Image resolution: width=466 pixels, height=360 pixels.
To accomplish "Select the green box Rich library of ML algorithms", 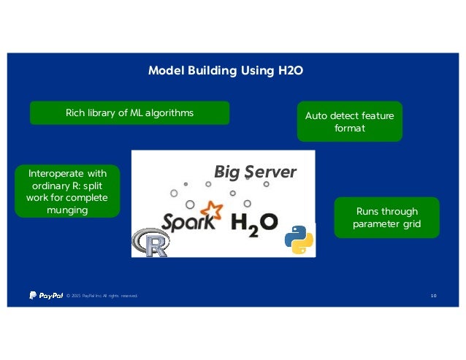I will pyautogui.click(x=129, y=112).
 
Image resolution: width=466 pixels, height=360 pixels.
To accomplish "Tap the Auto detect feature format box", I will pyautogui.click(x=349, y=121).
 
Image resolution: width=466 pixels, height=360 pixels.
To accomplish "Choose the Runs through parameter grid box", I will pyautogui.click(x=386, y=218).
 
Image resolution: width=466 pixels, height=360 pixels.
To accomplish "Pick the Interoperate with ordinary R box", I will pyautogui.click(x=66, y=191).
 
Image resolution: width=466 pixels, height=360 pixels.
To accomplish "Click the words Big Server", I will pyautogui.click(x=255, y=172).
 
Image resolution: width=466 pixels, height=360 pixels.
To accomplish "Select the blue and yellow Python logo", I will pyautogui.click(x=299, y=240).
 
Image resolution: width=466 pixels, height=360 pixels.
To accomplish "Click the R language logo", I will pyautogui.click(x=150, y=242).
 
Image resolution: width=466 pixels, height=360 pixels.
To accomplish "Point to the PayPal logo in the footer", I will pyautogui.click(x=45, y=295).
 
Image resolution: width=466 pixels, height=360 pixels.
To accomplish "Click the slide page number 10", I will pyautogui.click(x=433, y=296).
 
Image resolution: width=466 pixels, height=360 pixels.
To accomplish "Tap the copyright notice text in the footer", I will pyautogui.click(x=102, y=296).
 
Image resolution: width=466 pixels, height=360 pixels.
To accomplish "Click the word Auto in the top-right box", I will pyautogui.click(x=316, y=115).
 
